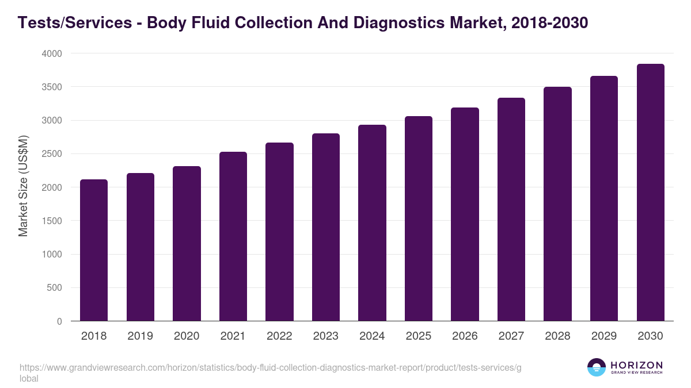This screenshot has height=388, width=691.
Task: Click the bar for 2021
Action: tap(233, 236)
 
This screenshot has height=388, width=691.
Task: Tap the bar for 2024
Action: tap(372, 223)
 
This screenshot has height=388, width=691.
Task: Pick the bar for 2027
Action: tap(511, 209)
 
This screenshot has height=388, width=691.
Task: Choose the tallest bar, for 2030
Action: tap(650, 193)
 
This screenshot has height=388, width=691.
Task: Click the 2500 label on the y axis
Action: tap(51, 154)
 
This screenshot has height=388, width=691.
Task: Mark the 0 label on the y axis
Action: tap(59, 321)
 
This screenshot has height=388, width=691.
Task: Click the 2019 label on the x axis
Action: tap(140, 336)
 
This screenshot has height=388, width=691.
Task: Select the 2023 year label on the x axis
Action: tap(325, 336)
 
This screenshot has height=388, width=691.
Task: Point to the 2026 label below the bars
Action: tap(465, 336)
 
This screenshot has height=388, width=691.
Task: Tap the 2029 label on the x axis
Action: tap(603, 336)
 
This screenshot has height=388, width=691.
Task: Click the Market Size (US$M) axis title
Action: tap(23, 186)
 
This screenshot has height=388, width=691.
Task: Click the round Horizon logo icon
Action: tap(597, 367)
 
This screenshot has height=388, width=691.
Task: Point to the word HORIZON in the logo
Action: tap(636, 364)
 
